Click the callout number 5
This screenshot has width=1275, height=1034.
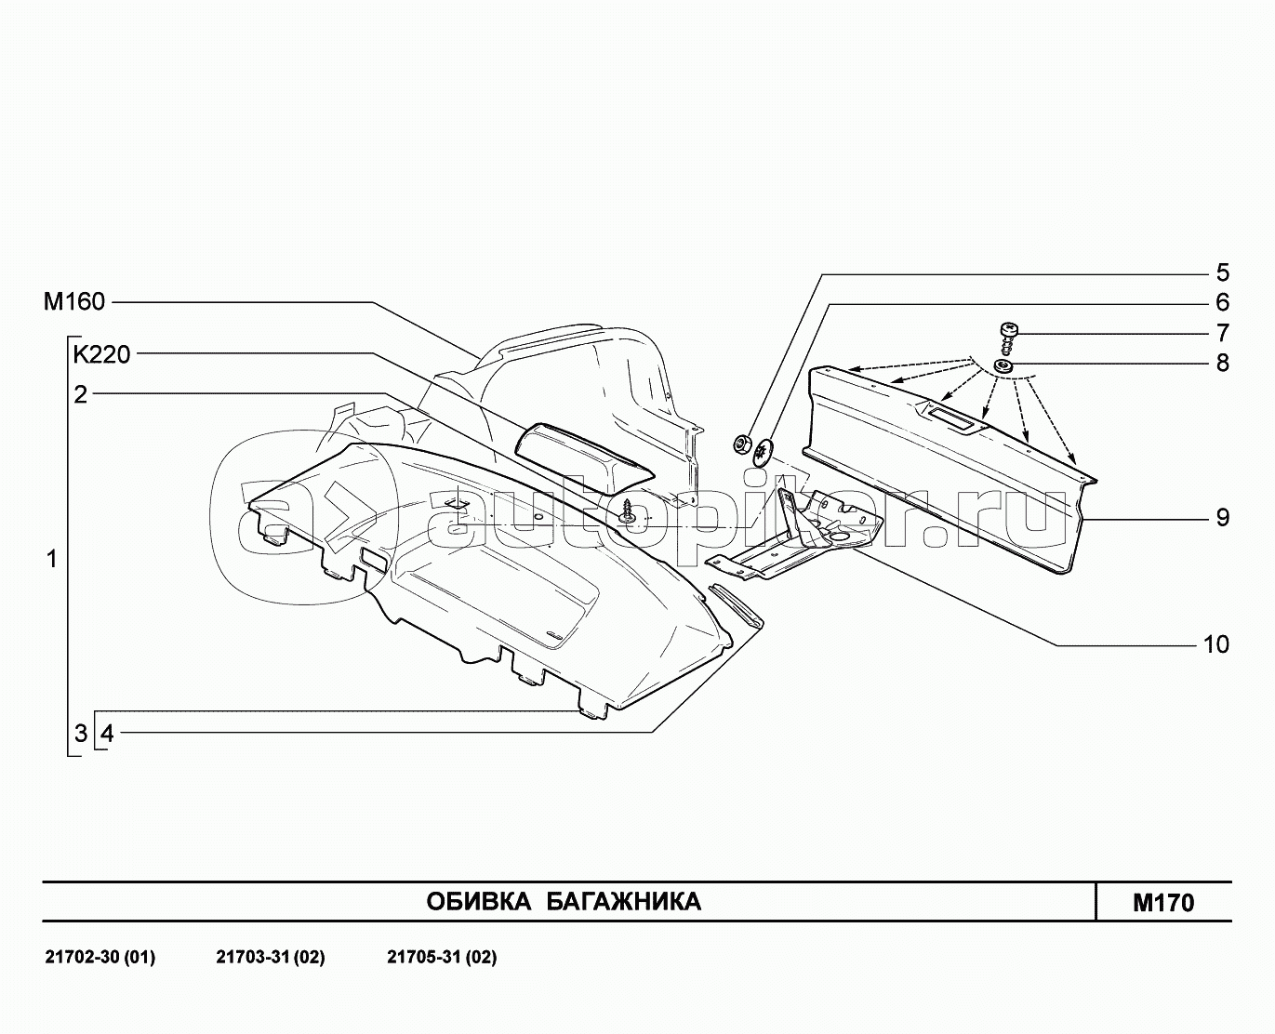[1222, 272]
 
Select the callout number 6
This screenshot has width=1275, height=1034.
[1222, 302]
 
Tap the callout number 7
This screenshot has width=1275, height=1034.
[1222, 333]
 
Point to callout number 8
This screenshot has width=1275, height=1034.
[1222, 363]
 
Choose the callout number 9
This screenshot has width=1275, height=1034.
[1222, 517]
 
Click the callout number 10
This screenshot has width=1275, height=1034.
[1215, 643]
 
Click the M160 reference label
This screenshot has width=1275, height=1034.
[74, 301]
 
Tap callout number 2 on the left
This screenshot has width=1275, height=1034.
[81, 394]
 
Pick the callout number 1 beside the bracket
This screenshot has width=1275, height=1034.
[52, 559]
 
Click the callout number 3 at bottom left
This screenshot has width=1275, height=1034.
[81, 733]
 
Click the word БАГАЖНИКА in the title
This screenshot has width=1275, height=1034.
[622, 901]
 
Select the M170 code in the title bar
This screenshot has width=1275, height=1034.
[1162, 902]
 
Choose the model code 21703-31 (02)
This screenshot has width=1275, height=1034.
[270, 957]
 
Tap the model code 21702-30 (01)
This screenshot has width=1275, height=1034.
[100, 957]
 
